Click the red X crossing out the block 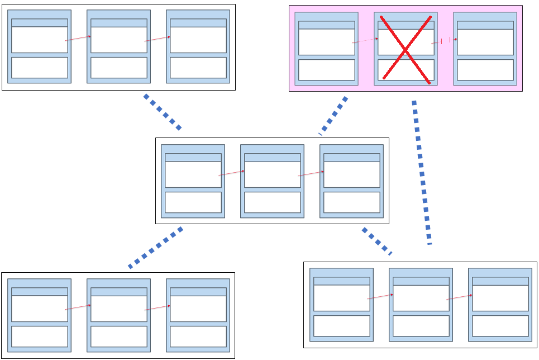coord(405,50)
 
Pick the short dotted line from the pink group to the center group coord(333,116)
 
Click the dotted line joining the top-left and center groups coord(163,112)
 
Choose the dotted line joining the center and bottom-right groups coord(377,241)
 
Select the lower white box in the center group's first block coord(193,202)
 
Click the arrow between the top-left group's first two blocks coord(78,39)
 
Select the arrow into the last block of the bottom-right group coord(459,297)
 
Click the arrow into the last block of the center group coord(311,174)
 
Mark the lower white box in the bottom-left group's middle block coord(119,337)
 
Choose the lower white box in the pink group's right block coord(485,70)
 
